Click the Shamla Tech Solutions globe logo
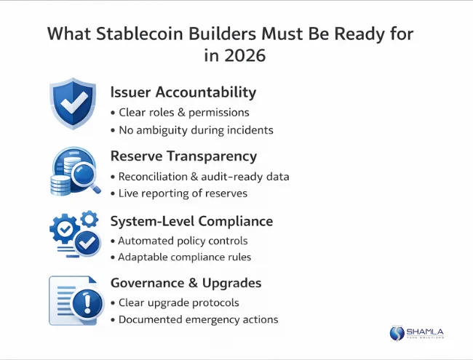397,333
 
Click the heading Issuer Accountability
183,92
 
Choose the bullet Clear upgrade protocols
178,303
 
